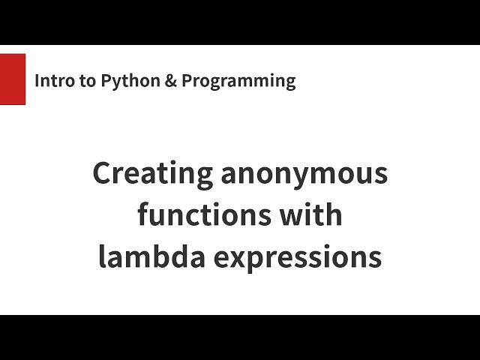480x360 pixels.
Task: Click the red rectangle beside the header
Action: coord(13,79)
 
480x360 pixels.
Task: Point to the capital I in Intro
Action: coord(38,81)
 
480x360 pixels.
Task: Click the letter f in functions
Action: coord(142,215)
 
